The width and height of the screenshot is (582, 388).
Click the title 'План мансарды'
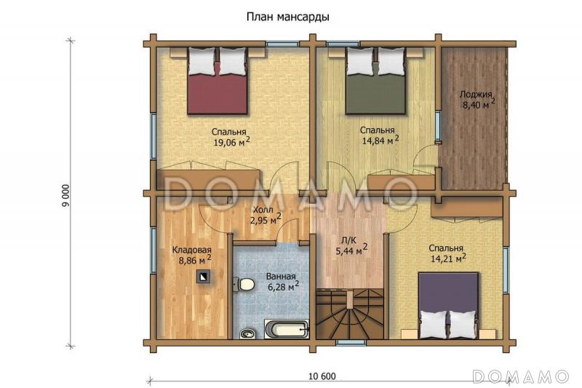point(284,16)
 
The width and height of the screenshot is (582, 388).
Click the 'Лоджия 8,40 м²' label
point(477,99)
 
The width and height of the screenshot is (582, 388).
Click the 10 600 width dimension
point(322,376)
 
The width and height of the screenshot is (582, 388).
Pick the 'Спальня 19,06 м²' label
point(231,138)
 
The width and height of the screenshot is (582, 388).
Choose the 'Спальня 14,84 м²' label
point(380,135)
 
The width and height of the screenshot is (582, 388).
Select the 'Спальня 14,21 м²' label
point(447,252)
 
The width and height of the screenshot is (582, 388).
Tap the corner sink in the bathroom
point(248,333)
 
